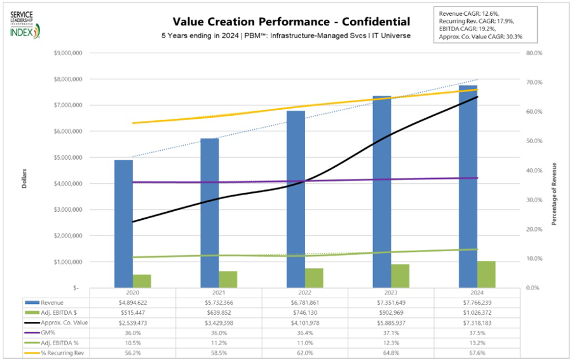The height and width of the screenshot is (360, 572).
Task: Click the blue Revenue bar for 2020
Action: [123, 223]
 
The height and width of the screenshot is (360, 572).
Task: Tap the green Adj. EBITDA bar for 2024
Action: [486, 274]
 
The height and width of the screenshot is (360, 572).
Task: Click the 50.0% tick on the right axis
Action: [533, 141]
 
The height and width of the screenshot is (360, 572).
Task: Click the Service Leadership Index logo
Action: [24, 24]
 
